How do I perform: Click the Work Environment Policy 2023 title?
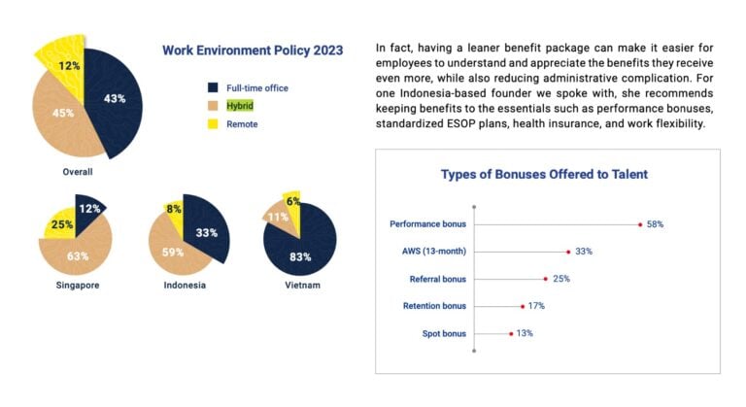[x=252, y=51]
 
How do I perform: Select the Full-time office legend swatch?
[x=212, y=88]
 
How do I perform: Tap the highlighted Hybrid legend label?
[x=242, y=106]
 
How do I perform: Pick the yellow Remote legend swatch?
[x=212, y=124]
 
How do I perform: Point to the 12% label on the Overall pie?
[x=69, y=66]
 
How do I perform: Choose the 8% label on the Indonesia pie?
[x=174, y=208]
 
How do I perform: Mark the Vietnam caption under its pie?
[x=303, y=286]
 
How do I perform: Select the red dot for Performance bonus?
[x=640, y=224]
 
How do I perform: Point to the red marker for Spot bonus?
[x=511, y=334]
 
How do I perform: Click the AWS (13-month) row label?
[x=433, y=252]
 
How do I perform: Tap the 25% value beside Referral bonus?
[x=560, y=279]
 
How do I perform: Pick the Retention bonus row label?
[x=434, y=306]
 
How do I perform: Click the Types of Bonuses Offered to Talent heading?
[x=544, y=175]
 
